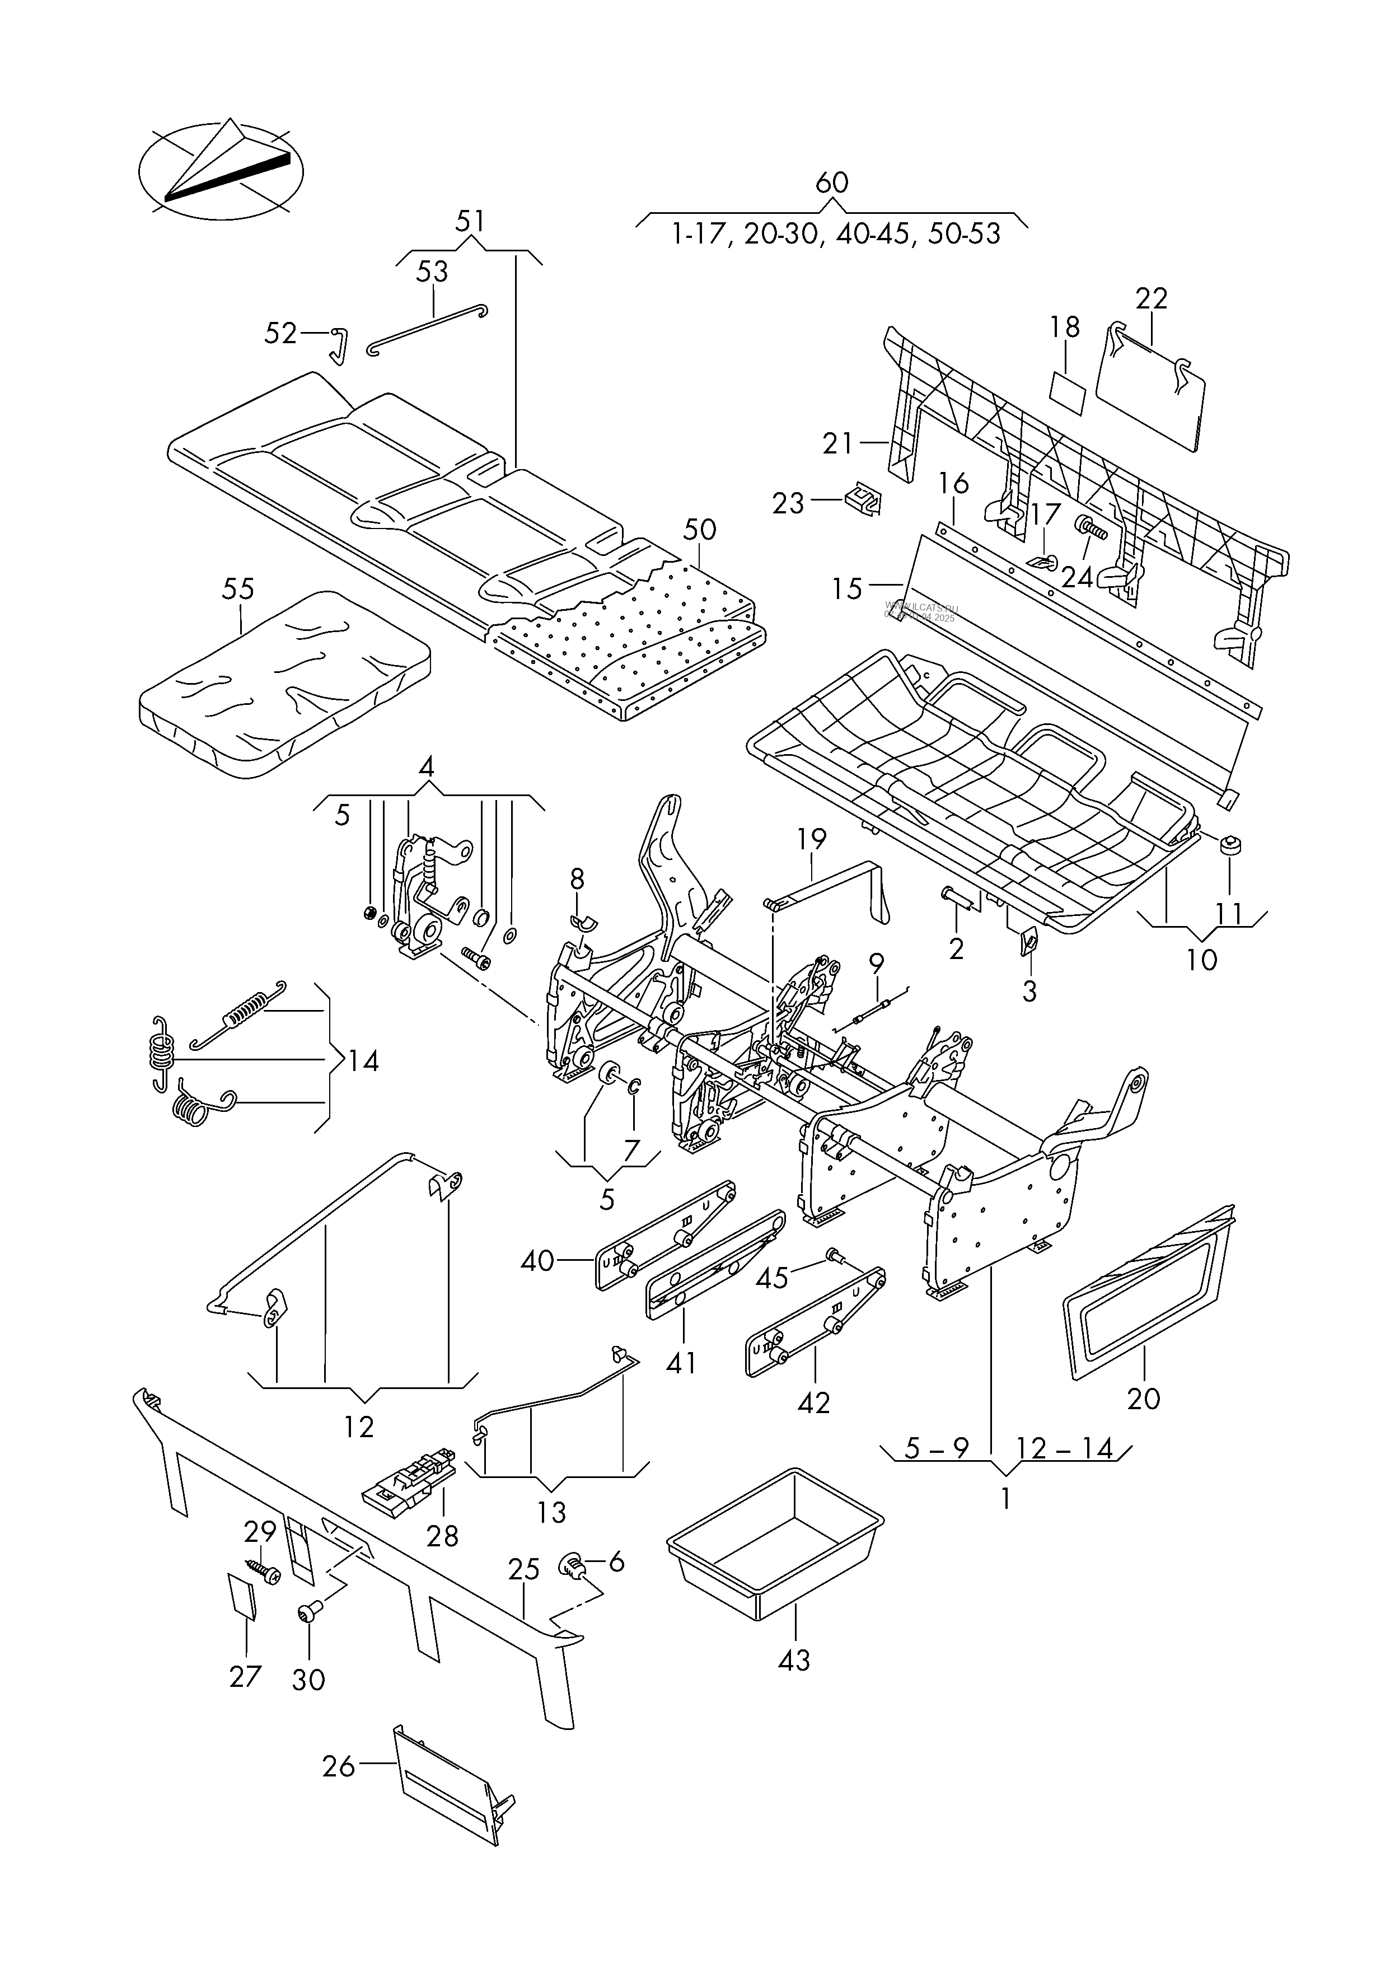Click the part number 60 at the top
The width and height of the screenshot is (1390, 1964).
click(831, 183)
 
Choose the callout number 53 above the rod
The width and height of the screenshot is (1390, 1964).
click(432, 272)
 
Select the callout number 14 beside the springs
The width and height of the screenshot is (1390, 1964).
click(362, 1061)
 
